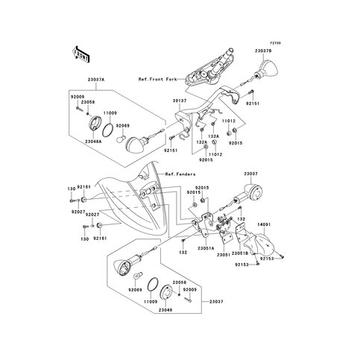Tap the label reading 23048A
click(x=94, y=141)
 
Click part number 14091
click(x=266, y=223)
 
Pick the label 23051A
click(x=206, y=248)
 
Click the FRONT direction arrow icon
click(x=80, y=54)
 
